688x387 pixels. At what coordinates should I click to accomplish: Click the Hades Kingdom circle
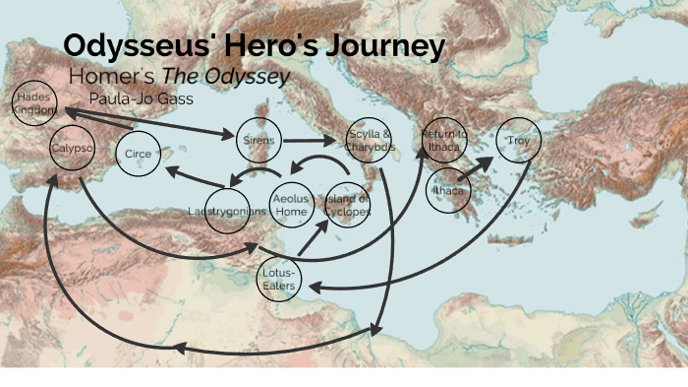(34, 103)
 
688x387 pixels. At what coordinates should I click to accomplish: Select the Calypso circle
(71, 149)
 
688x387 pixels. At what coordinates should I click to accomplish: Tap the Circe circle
(139, 154)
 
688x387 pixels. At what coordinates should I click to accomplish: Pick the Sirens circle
(258, 141)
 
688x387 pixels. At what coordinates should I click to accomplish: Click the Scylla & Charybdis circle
(370, 140)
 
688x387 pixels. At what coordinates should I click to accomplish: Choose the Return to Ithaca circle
(444, 140)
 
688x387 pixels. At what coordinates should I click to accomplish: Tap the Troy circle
(518, 141)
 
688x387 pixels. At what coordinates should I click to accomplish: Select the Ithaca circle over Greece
(449, 190)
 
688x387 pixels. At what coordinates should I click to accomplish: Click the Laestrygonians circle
(227, 211)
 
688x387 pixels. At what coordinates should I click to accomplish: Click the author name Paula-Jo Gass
(141, 98)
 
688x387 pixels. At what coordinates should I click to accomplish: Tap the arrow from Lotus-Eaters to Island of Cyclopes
(314, 236)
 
